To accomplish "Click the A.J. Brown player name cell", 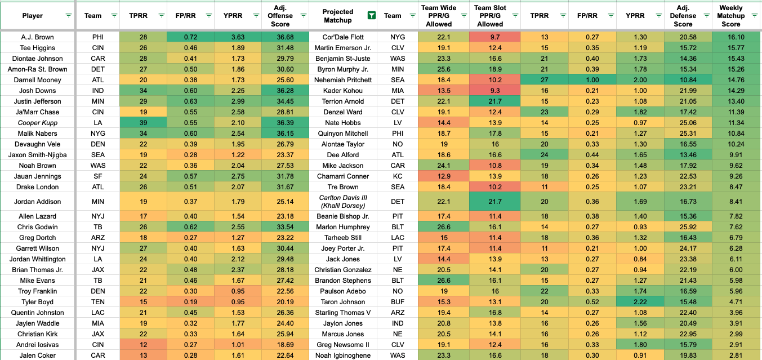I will tap(38, 37).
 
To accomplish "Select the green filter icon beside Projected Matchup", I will tap(371, 16).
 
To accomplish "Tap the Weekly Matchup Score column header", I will tap(730, 16).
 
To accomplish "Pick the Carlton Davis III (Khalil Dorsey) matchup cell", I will tap(343, 202).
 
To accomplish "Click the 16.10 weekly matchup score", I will tap(730, 37).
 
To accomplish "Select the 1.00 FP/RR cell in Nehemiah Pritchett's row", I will tap(592, 80).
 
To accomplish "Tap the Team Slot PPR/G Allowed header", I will tap(490, 16).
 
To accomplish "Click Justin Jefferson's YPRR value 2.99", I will tap(238, 101).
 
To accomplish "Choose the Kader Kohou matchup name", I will tap(343, 91).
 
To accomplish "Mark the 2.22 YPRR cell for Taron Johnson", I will tap(640, 302).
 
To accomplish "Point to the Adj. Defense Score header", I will tap(683, 16).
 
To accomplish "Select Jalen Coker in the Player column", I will tap(38, 355).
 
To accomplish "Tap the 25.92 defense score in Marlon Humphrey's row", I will tap(683, 227).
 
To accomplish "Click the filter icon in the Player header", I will tap(69, 16).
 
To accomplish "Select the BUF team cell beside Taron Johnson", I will tap(393, 302).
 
